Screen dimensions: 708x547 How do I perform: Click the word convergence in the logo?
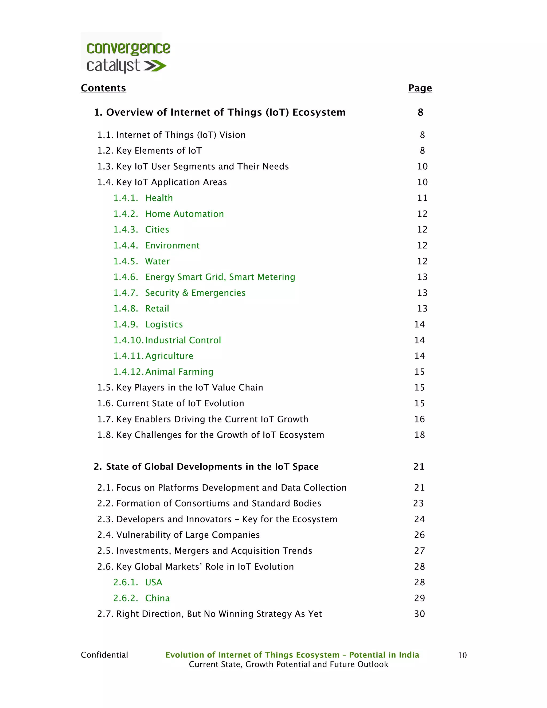[x=128, y=49]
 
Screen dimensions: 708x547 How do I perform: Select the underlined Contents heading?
[x=103, y=88]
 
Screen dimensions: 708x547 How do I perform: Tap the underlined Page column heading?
[x=420, y=88]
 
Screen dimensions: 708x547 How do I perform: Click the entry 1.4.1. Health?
[x=143, y=198]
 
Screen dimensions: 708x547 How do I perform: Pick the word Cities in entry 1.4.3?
[x=157, y=229]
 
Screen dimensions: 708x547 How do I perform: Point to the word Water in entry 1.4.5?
[x=158, y=261]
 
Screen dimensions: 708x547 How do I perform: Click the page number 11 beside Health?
[x=422, y=198]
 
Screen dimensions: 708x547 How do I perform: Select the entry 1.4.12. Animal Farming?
[x=163, y=372]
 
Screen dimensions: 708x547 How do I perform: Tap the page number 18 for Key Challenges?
[x=420, y=435]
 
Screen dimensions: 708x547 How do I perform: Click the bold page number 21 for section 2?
[x=419, y=466]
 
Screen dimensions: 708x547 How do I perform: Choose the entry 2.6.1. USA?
[x=138, y=582]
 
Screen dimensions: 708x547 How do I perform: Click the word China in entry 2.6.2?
[x=158, y=598]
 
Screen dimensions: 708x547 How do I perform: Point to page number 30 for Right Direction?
[x=420, y=614]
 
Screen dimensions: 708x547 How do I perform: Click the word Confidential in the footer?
[x=104, y=655]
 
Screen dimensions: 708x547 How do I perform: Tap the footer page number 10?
[x=462, y=655]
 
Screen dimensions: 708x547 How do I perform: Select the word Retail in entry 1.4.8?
[x=157, y=309]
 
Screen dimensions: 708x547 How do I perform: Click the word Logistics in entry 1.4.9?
[x=164, y=325]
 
